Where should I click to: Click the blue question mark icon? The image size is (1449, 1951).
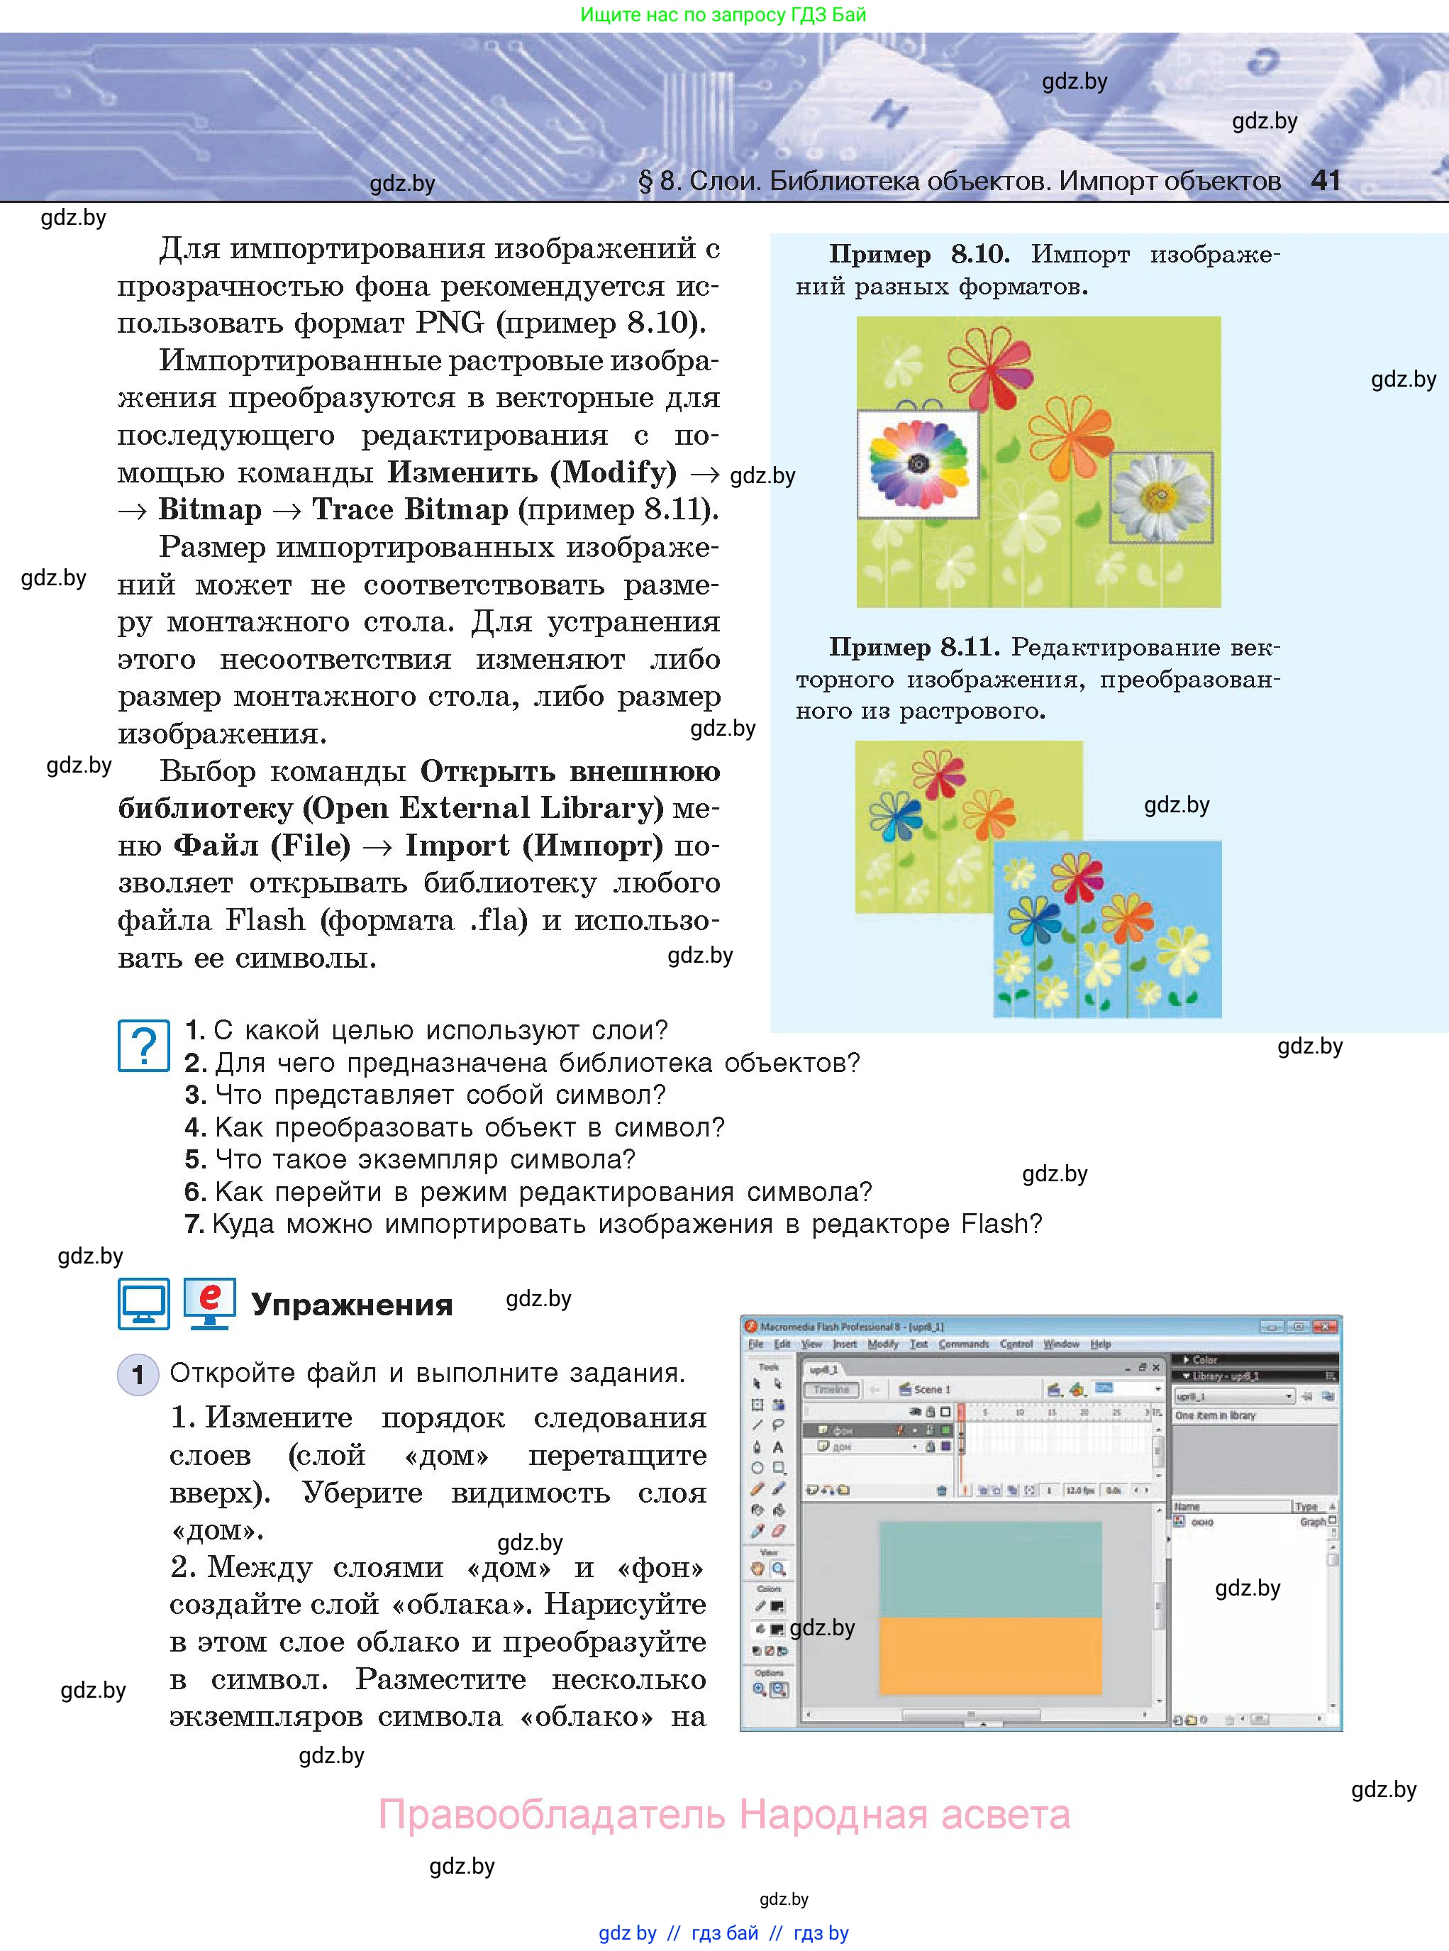143,1045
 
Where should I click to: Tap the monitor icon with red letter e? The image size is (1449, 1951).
210,1303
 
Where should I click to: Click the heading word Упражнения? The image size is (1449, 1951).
352,1305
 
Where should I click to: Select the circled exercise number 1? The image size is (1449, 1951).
137,1374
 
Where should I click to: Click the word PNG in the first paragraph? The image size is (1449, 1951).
449,322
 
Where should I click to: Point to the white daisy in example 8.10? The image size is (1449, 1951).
1161,497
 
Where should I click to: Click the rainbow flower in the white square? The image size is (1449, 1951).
918,463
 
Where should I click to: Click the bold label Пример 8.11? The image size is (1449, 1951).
913,648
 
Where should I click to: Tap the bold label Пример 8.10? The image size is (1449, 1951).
918,255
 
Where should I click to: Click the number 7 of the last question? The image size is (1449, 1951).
194,1224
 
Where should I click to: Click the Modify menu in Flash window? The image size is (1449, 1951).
882,1344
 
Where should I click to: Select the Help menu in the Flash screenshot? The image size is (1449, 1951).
1100,1344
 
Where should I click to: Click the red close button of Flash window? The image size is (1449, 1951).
1326,1327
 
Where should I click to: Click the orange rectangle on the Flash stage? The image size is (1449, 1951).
990,1655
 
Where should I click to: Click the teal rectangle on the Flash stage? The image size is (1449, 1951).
990,1569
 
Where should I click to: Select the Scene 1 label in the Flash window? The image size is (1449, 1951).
931,1390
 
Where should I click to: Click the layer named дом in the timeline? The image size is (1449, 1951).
840,1447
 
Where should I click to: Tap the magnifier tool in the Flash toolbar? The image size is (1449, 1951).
779,1569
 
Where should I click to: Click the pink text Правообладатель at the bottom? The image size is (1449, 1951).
552,1814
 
